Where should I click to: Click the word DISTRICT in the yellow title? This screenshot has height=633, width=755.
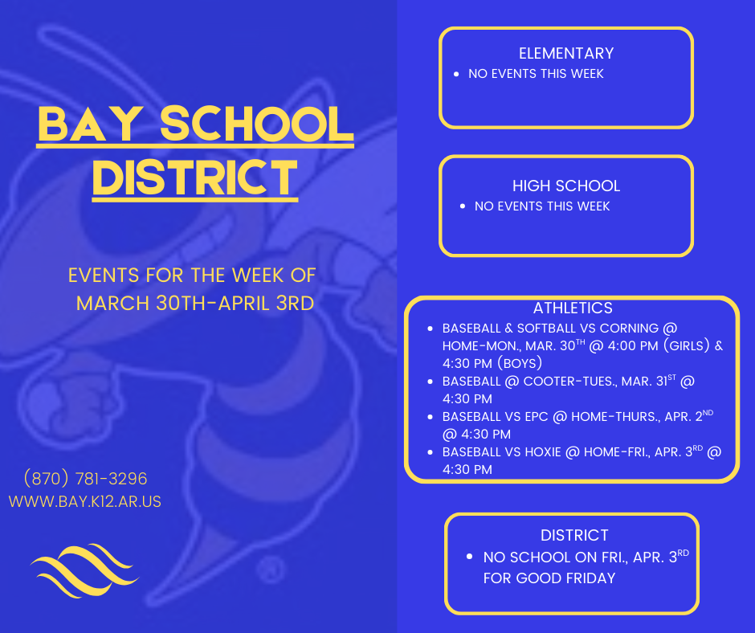click(x=194, y=178)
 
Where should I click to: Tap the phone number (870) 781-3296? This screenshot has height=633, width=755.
click(x=86, y=479)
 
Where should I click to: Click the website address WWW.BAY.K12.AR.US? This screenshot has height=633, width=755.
click(x=85, y=501)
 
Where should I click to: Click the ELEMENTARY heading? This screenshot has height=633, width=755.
click(x=566, y=54)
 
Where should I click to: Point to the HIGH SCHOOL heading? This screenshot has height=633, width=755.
click(x=566, y=186)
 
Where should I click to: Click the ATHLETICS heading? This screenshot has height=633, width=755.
click(x=573, y=308)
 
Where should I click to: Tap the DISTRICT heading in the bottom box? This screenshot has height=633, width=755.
click(x=574, y=535)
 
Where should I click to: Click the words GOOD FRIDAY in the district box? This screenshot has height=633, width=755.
click(x=573, y=578)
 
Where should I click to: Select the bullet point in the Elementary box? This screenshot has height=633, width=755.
click(x=456, y=74)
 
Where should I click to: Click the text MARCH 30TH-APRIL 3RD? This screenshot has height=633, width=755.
click(x=194, y=303)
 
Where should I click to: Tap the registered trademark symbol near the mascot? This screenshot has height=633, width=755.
click(x=271, y=570)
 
